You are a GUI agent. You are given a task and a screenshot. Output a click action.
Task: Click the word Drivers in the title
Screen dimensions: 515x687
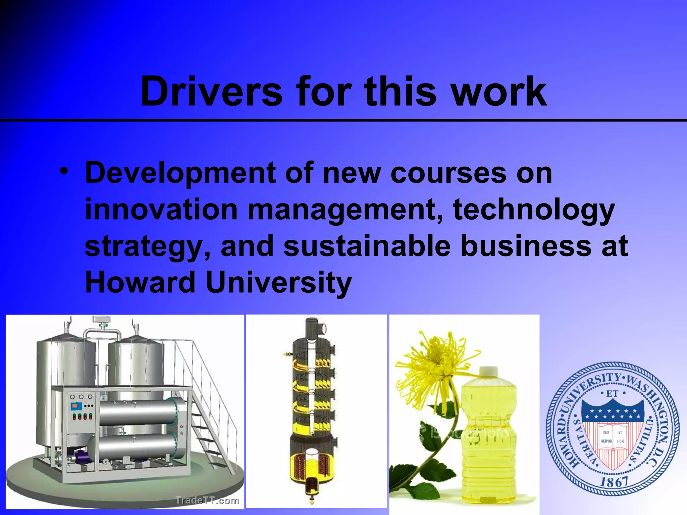click(x=211, y=91)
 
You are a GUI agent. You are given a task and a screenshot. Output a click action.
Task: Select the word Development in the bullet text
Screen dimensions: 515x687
click(x=180, y=174)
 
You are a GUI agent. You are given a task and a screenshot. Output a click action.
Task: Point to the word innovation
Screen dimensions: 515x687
click(x=161, y=210)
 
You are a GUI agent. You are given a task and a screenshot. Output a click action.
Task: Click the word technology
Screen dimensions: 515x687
click(x=534, y=211)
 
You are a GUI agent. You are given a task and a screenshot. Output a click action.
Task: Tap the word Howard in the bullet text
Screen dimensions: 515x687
click(x=140, y=282)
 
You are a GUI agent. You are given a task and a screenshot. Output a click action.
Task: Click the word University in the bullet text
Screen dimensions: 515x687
click(x=278, y=283)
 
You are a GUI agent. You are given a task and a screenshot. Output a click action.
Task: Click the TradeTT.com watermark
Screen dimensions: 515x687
click(x=207, y=501)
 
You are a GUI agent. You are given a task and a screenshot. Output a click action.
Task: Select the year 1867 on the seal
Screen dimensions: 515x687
click(x=614, y=482)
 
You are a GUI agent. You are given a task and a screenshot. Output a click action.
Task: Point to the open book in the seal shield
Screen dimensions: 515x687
click(x=613, y=437)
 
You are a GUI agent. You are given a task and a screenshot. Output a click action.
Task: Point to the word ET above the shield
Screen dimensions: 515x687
click(x=613, y=394)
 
